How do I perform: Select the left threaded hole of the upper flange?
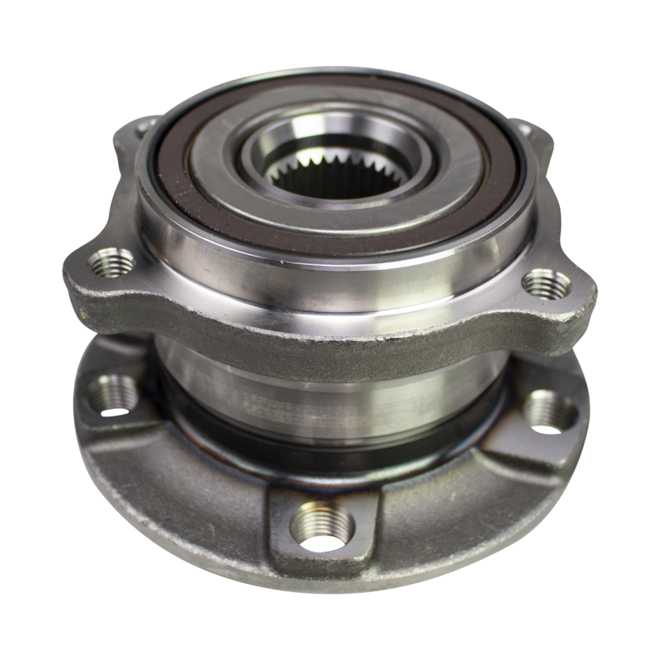(x=110, y=262)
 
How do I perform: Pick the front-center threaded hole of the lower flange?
(x=322, y=526)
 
